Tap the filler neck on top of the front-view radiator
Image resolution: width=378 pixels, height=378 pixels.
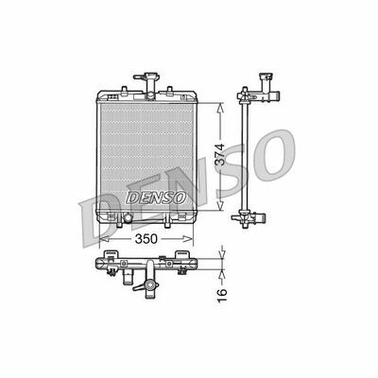tap(147, 76)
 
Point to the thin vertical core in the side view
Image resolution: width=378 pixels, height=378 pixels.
tap(248, 156)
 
